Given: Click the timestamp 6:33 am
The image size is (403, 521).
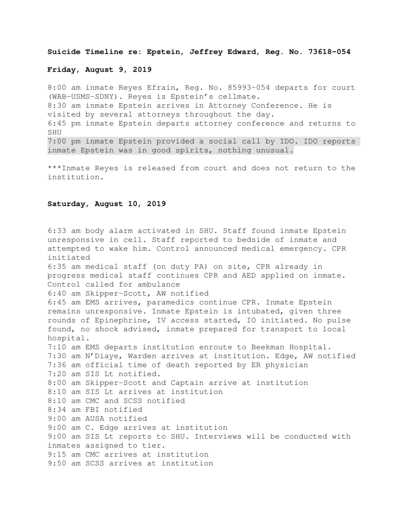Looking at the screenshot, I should point(64,230).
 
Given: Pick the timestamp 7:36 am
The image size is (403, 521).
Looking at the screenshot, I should point(64,365).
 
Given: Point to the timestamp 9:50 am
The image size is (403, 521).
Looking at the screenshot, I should point(64,463).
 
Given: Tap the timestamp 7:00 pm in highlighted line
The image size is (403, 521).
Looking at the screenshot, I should point(64,142).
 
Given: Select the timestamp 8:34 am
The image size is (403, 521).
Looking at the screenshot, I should point(64,409).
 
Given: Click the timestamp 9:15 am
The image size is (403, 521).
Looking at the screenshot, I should point(64,454).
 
